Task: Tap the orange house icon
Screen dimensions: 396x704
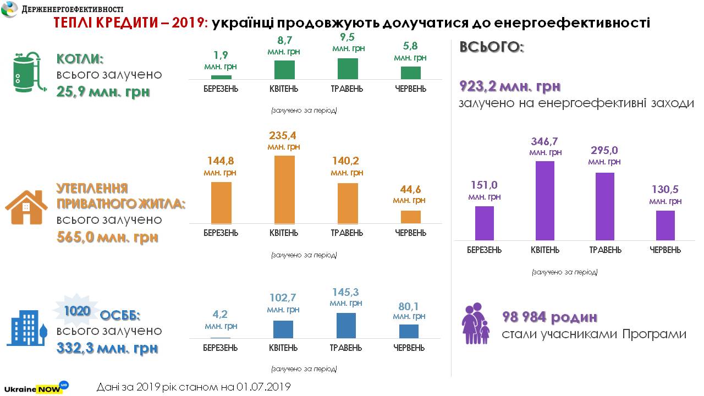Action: pyautogui.click(x=26, y=207)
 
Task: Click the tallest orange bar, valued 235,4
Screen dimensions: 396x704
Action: pyautogui.click(x=284, y=189)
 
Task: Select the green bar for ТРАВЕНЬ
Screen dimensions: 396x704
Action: pyautogui.click(x=348, y=69)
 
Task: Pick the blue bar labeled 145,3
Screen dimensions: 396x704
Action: pyautogui.click(x=345, y=325)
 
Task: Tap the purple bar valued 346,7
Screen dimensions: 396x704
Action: pyautogui.click(x=545, y=200)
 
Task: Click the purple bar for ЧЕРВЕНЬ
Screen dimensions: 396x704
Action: pyautogui.click(x=665, y=225)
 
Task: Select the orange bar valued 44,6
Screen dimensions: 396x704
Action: pyautogui.click(x=410, y=217)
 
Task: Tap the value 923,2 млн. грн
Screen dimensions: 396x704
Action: pyautogui.click(x=509, y=86)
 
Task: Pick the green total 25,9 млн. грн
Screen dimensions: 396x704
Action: pyautogui.click(x=103, y=91)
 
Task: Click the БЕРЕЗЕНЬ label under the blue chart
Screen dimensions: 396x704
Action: pyautogui.click(x=220, y=348)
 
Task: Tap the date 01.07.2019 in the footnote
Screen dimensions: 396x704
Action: pyautogui.click(x=263, y=387)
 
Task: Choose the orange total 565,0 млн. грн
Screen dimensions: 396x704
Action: pyautogui.click(x=107, y=237)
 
